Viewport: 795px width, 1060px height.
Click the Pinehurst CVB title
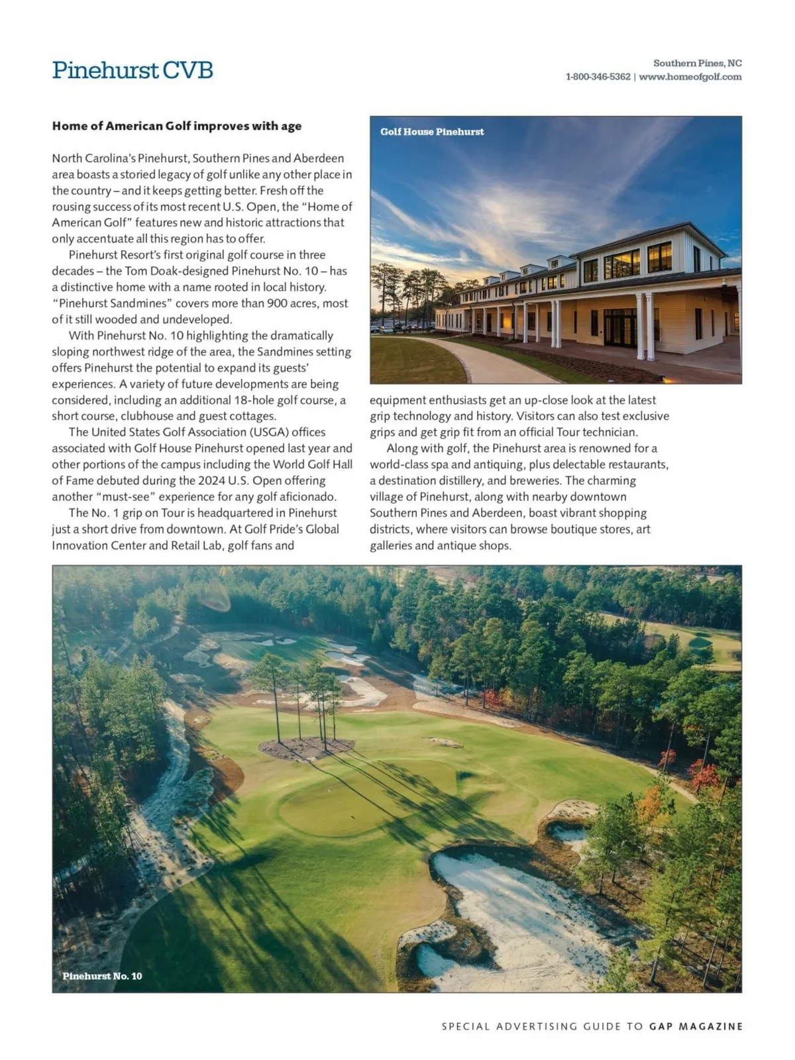(x=132, y=70)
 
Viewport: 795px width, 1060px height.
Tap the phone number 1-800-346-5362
(x=598, y=77)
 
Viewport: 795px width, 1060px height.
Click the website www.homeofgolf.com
(x=690, y=77)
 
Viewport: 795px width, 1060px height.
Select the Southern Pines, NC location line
(x=697, y=63)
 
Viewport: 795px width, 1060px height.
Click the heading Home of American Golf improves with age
(x=177, y=126)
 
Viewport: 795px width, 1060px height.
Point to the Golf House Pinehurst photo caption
(x=432, y=132)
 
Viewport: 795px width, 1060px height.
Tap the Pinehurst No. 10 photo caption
(x=102, y=976)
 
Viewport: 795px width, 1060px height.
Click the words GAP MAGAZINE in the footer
(x=696, y=1026)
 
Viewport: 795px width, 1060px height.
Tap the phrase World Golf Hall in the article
(x=312, y=464)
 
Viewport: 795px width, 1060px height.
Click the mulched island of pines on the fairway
(x=305, y=747)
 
